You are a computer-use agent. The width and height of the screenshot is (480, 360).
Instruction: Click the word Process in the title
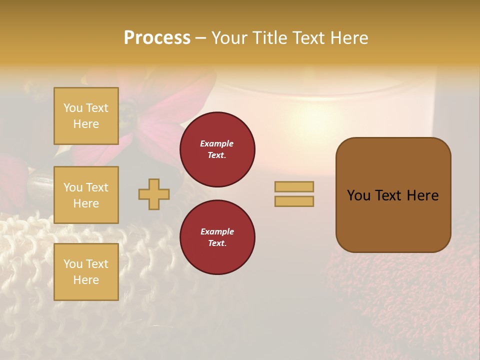[x=157, y=38]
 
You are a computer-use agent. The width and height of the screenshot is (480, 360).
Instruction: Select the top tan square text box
[x=86, y=116]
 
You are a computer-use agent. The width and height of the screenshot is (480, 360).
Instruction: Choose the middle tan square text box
[x=86, y=195]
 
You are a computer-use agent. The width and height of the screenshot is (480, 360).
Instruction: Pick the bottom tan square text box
[x=86, y=272]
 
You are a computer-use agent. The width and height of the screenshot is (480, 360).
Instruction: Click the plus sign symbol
[x=154, y=194]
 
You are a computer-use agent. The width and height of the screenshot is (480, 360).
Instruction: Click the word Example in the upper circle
[x=217, y=143]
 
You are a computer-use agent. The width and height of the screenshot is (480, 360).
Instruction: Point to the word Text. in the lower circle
[x=217, y=243]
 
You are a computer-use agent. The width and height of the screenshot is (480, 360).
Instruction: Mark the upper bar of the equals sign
[x=294, y=186]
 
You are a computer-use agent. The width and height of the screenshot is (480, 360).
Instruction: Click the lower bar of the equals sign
[x=294, y=201]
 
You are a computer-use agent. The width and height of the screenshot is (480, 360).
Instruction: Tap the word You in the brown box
[x=359, y=195]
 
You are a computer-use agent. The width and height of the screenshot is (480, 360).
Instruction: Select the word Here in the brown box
[x=422, y=195]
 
